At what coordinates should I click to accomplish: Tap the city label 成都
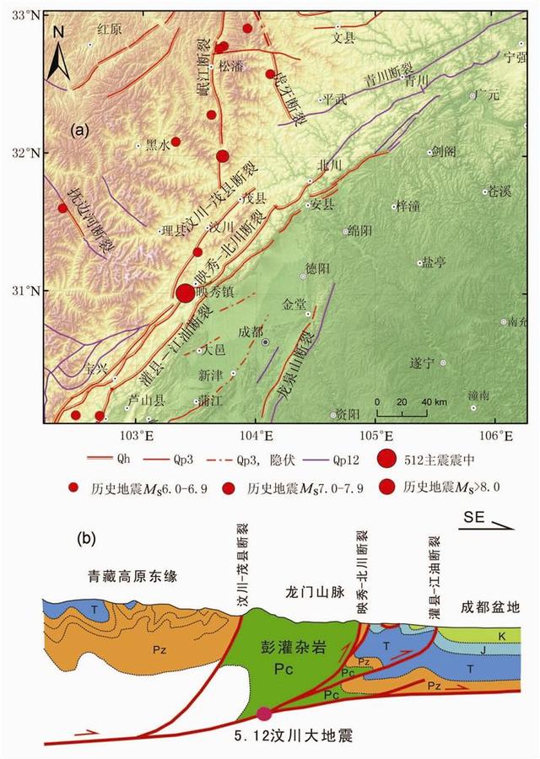click(x=251, y=331)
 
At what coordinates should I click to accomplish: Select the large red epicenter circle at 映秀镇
click(x=185, y=293)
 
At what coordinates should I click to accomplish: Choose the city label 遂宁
click(x=421, y=363)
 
